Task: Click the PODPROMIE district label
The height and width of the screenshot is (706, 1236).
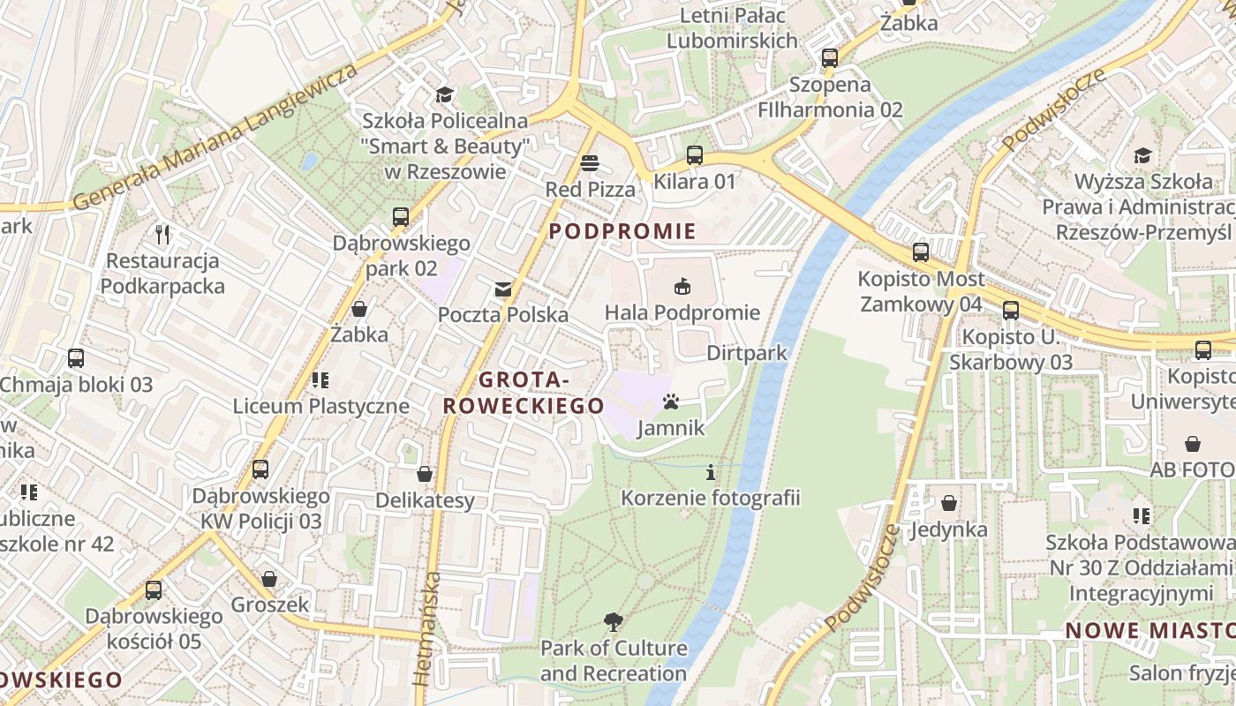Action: (x=622, y=232)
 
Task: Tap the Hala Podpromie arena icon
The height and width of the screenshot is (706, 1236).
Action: (x=682, y=286)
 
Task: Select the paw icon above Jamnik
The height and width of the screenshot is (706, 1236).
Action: (x=671, y=402)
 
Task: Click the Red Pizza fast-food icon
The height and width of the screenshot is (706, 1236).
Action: (x=590, y=163)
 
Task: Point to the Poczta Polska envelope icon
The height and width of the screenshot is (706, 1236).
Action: (x=503, y=289)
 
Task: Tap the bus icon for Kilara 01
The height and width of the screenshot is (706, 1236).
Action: (x=695, y=155)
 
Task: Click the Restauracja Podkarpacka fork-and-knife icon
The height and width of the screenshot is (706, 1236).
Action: (x=162, y=235)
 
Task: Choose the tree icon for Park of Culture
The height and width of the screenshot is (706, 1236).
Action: (x=613, y=622)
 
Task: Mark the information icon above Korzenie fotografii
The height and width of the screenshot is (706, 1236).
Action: (x=711, y=472)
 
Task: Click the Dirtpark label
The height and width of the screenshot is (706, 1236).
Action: (x=747, y=353)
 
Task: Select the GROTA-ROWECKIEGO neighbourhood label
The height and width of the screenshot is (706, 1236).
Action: (x=524, y=393)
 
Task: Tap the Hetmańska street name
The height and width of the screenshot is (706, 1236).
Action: (x=427, y=628)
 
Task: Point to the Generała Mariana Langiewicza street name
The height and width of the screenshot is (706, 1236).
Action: (x=216, y=137)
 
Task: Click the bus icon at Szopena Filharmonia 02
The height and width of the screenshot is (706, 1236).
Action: (x=830, y=58)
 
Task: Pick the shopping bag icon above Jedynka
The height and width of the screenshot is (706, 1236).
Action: (x=949, y=503)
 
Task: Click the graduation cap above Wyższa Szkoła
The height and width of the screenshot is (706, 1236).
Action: (x=1142, y=156)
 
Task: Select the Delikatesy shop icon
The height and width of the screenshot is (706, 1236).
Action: (x=425, y=474)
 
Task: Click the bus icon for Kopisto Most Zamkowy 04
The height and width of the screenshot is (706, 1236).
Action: (x=921, y=252)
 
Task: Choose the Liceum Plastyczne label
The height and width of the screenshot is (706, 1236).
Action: (x=321, y=406)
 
